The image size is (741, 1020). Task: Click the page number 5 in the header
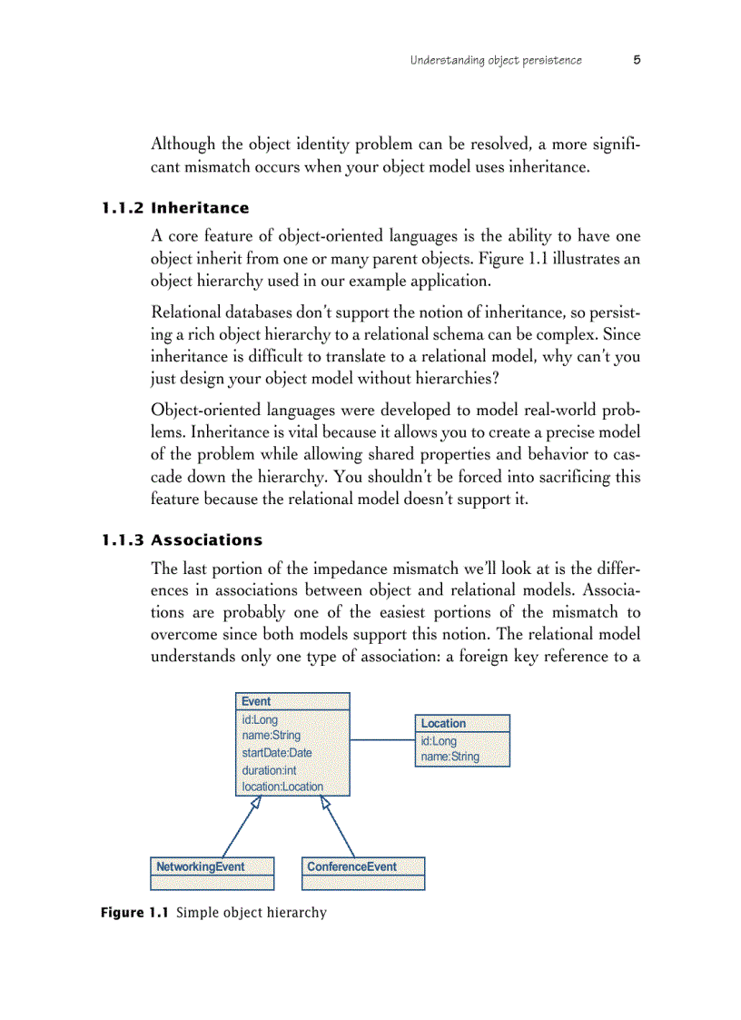click(x=637, y=60)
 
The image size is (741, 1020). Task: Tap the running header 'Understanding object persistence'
click(x=496, y=61)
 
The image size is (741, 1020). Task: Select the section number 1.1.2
click(x=122, y=208)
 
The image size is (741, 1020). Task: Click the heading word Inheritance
click(x=200, y=208)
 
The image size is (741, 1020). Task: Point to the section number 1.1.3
click(x=122, y=540)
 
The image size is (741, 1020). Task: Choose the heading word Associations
click(x=206, y=540)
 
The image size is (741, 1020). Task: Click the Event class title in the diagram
click(x=256, y=701)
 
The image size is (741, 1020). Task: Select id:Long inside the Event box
click(x=260, y=719)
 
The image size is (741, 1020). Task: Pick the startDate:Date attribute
click(x=277, y=752)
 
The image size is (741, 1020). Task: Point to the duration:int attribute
click(x=269, y=770)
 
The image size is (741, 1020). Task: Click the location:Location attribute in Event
click(x=282, y=787)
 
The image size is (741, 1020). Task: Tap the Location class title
click(x=443, y=723)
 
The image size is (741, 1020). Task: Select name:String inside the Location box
click(x=450, y=757)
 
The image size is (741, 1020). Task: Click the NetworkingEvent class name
click(x=200, y=867)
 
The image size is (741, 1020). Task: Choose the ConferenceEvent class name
click(x=351, y=867)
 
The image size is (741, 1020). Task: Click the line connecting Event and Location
click(x=382, y=740)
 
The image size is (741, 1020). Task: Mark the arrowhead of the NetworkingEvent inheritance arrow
click(x=258, y=802)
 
